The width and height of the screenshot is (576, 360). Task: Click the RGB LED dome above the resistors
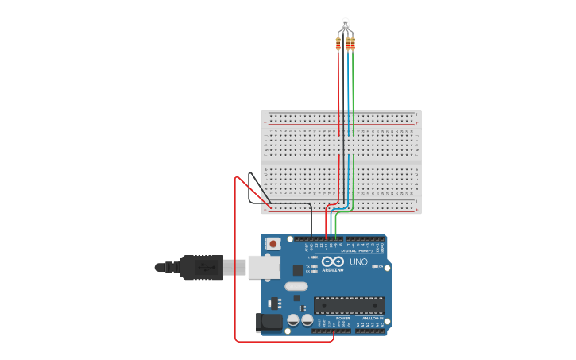345,23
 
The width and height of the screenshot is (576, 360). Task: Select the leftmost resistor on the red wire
338,44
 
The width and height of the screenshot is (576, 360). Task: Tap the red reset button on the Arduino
273,244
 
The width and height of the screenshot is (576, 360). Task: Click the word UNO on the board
358,261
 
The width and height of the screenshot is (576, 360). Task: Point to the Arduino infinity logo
333,261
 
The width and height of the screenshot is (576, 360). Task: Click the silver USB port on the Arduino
264,267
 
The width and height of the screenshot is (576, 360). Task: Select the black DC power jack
269,322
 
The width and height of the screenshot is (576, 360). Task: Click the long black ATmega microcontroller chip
350,305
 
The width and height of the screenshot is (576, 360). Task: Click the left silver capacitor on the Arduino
293,319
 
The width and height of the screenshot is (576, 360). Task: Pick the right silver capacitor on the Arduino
307,319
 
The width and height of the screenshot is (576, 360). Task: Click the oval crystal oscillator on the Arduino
296,286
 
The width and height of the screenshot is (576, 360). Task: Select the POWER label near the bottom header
342,318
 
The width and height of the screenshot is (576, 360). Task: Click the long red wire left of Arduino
236,262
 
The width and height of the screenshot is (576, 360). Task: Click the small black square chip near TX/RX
298,270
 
